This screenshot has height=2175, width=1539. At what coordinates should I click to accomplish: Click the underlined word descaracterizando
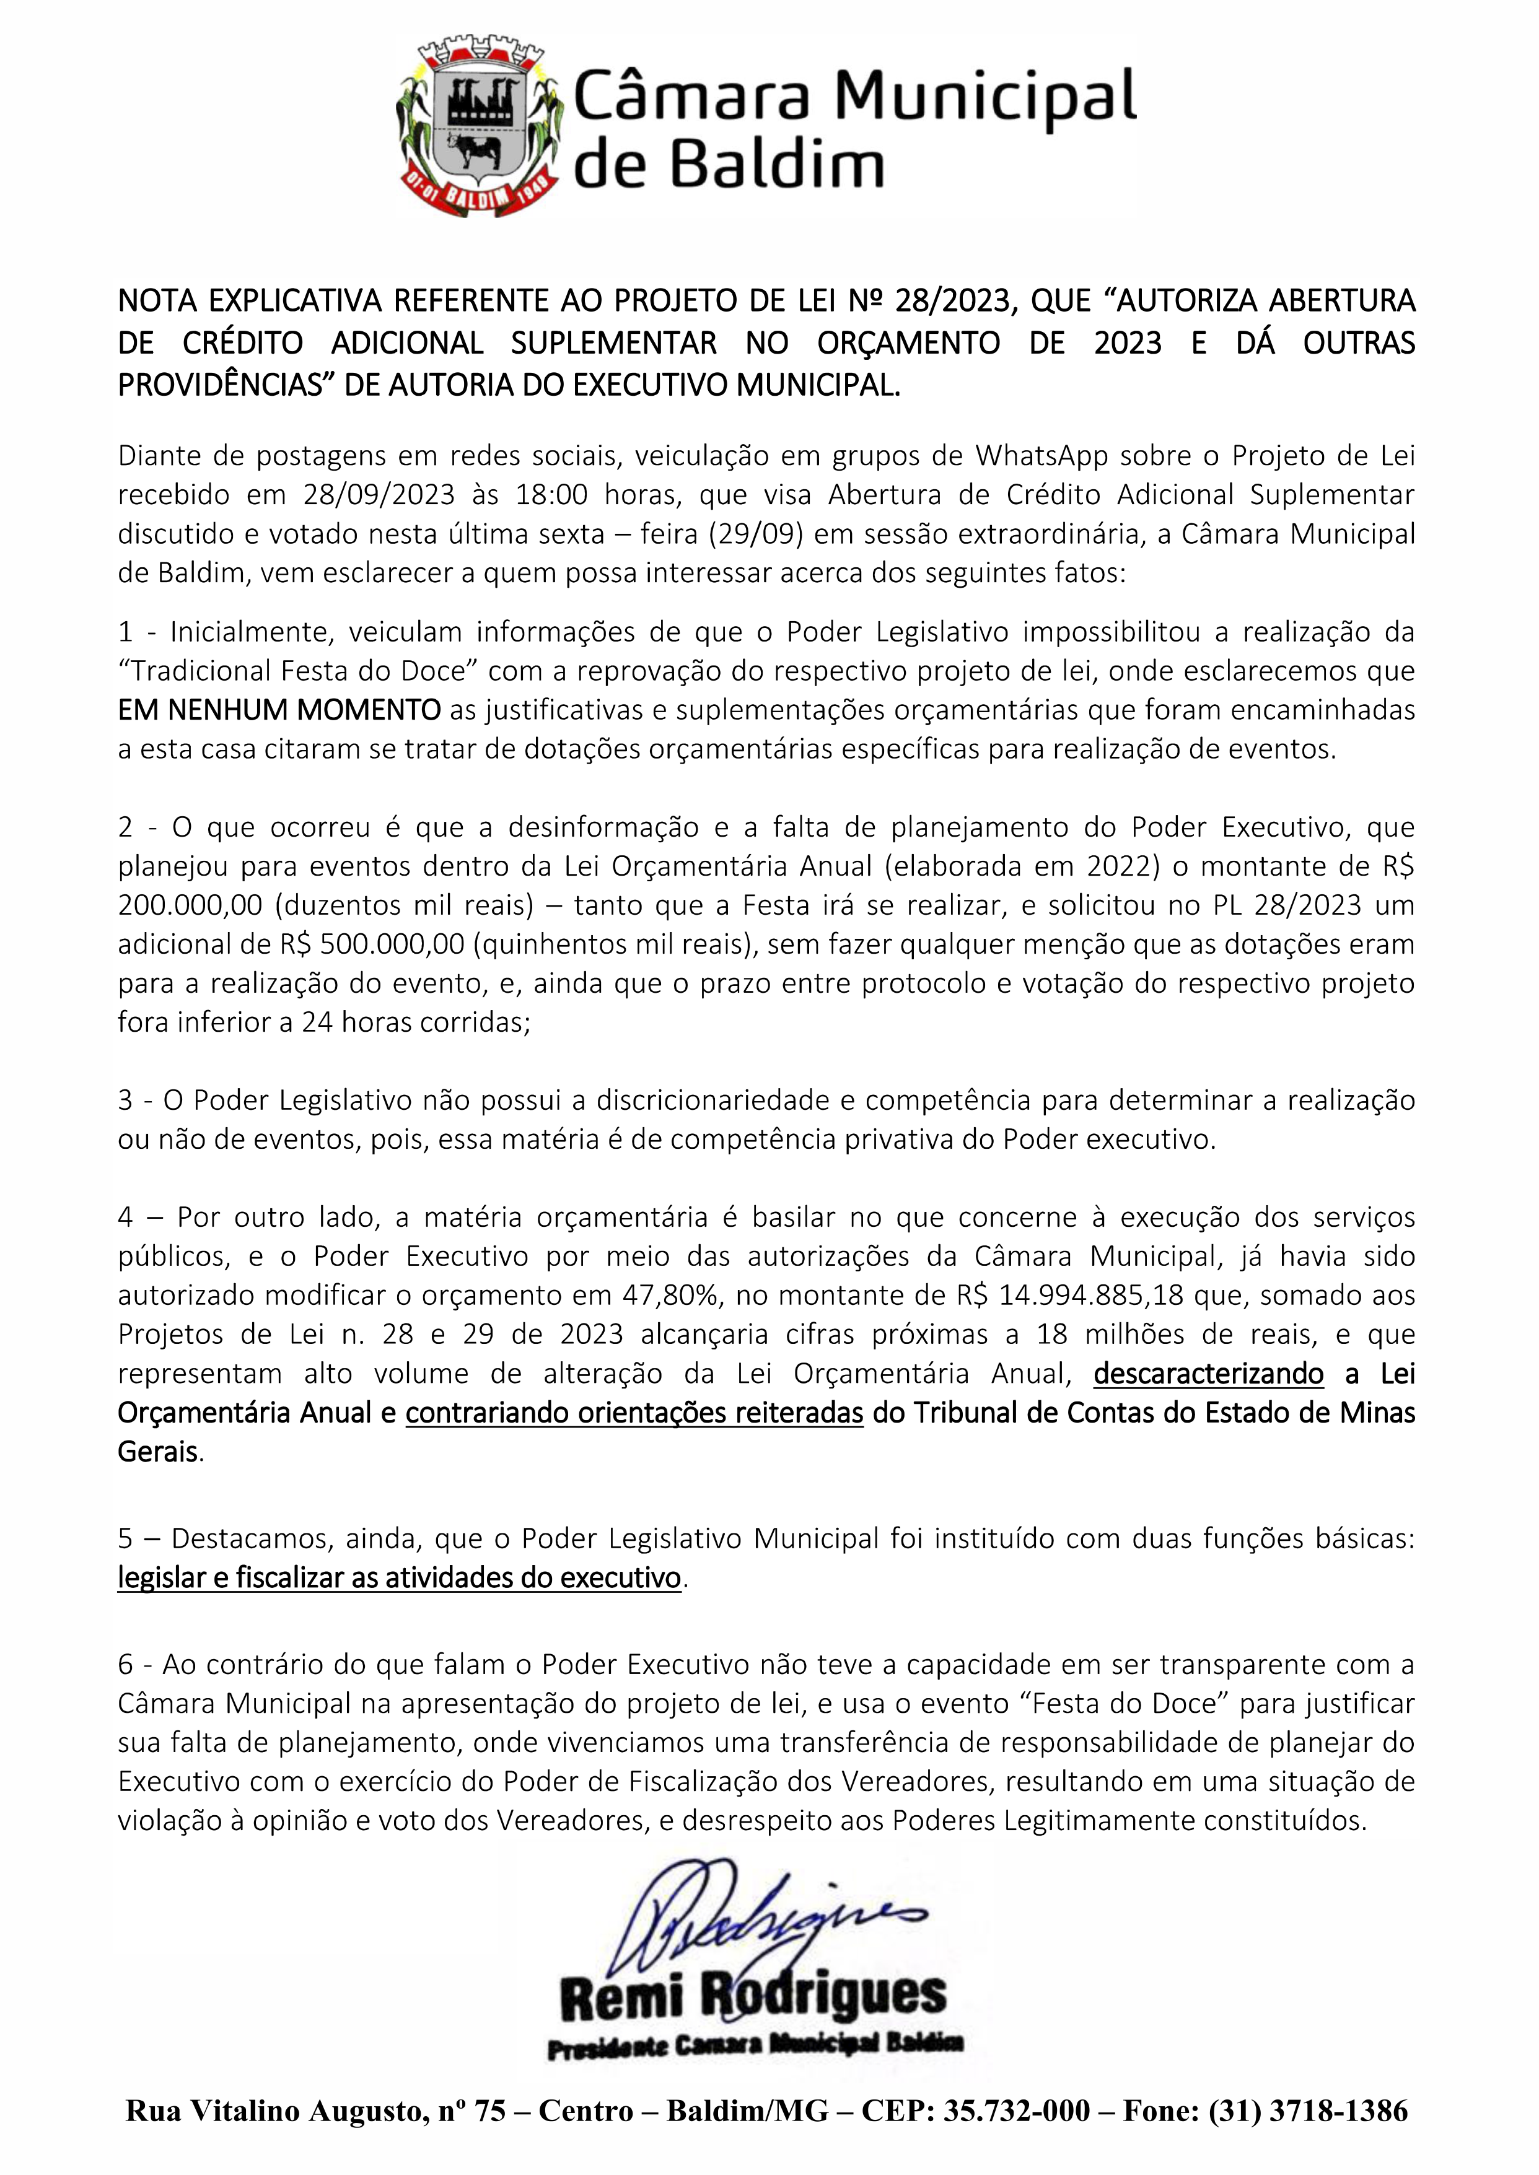pyautogui.click(x=1208, y=1374)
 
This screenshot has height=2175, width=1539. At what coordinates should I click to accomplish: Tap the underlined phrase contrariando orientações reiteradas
pyautogui.click(x=634, y=1413)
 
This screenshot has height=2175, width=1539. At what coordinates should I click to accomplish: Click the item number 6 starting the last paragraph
pyautogui.click(x=126, y=1665)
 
